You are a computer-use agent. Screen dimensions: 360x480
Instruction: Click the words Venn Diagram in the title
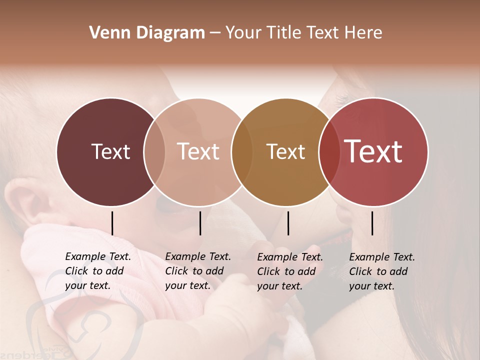(x=147, y=33)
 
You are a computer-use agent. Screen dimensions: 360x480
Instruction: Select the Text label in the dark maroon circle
(x=110, y=151)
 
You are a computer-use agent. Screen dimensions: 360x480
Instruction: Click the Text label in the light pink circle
(x=198, y=151)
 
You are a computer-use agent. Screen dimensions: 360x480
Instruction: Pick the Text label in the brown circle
(x=285, y=151)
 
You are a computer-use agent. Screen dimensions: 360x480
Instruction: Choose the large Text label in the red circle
(x=373, y=151)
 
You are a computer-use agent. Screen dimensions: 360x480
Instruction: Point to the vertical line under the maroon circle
(x=112, y=223)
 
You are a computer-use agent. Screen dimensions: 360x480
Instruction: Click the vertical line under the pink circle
(x=200, y=223)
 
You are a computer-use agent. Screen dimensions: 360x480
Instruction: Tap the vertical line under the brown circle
(x=288, y=223)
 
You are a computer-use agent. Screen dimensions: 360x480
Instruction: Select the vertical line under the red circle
(x=372, y=223)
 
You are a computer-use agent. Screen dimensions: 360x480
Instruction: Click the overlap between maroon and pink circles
(x=154, y=151)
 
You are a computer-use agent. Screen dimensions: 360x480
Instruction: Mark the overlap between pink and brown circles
(x=242, y=151)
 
